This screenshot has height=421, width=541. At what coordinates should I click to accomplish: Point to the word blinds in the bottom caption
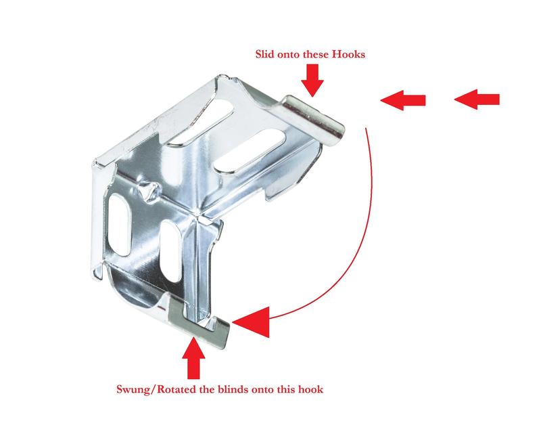coord(233,389)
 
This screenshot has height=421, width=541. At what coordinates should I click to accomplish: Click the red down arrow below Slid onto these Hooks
coord(312,80)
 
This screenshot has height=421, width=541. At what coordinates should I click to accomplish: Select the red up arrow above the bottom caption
coord(193,358)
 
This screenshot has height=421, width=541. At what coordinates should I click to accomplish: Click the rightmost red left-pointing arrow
coord(477,99)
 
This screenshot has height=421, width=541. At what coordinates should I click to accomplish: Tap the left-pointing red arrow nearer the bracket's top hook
coord(402,100)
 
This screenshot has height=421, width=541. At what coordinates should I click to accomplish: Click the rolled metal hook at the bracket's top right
coord(313,120)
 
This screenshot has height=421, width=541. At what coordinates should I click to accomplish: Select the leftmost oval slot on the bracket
coord(119,225)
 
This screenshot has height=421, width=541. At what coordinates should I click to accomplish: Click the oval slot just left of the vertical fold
coord(171,250)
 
